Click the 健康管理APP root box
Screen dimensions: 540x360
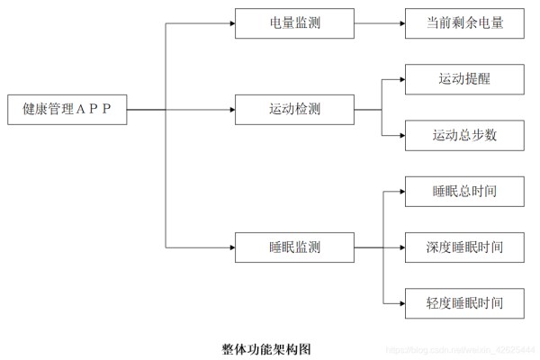point(67,110)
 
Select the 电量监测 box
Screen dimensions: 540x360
point(294,23)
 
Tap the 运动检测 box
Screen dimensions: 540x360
point(294,110)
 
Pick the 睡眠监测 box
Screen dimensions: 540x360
point(294,247)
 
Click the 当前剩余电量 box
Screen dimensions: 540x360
point(464,23)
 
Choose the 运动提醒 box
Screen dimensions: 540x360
point(464,79)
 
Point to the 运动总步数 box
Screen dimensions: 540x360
point(464,135)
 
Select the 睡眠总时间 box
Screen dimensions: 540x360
point(464,192)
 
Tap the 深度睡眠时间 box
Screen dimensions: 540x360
point(464,247)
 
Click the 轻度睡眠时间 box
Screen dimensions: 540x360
point(464,303)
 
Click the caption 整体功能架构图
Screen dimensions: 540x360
point(266,349)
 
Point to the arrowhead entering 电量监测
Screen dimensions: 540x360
point(232,23)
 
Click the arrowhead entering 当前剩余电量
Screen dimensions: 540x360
point(402,23)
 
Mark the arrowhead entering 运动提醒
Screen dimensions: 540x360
point(402,79)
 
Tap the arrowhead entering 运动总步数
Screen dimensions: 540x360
point(402,135)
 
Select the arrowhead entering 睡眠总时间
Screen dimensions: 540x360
point(402,192)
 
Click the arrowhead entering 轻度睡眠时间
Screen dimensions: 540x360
point(402,303)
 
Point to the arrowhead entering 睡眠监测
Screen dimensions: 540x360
point(232,247)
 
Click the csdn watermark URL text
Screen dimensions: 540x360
point(461,350)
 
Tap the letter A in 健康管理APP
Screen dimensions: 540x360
point(80,109)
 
